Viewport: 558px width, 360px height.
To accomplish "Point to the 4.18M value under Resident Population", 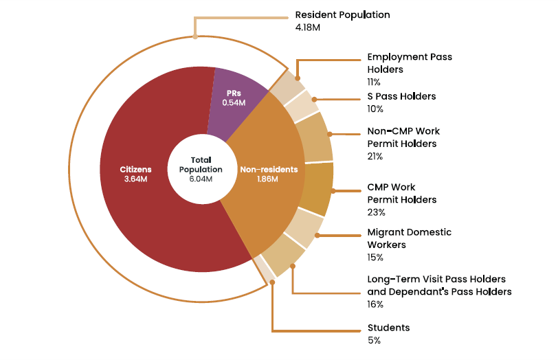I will (308, 27).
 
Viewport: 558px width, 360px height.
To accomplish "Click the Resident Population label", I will (342, 14).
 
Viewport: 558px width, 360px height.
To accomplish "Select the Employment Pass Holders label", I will (410, 63).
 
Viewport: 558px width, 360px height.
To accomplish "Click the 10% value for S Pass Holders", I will (375, 109).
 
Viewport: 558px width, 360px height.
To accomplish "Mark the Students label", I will (389, 328).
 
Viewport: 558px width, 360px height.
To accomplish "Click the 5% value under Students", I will (374, 340).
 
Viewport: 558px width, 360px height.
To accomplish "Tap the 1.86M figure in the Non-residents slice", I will (268, 179).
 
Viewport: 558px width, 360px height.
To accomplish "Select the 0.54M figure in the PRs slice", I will (234, 102).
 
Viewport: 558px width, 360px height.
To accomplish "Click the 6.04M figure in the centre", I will (201, 179).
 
